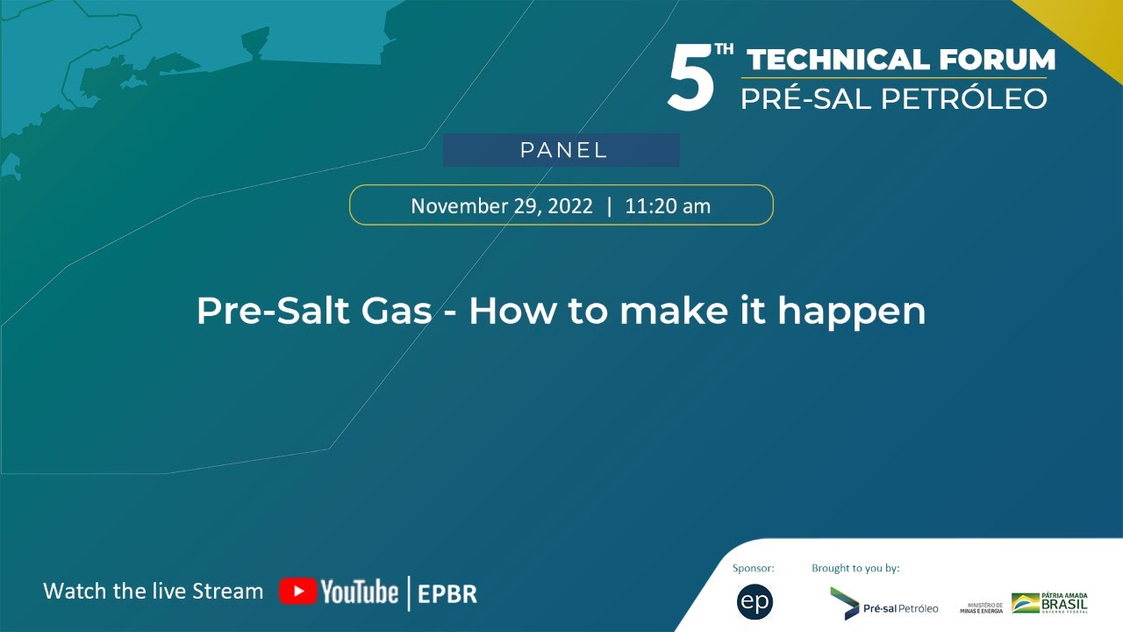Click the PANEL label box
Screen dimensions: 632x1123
tap(561, 150)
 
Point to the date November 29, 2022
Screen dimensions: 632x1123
tap(502, 206)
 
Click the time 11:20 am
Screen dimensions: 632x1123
tap(668, 206)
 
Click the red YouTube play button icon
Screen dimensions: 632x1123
tap(297, 592)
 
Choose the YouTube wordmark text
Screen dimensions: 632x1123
tap(359, 592)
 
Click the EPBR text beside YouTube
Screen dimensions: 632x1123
tap(447, 592)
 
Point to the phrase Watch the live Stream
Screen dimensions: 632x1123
tap(153, 591)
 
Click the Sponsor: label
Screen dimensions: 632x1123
tap(754, 569)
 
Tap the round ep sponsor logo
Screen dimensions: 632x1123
tap(755, 602)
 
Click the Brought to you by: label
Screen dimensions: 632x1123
tap(855, 569)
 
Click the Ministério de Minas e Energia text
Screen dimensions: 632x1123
tap(981, 607)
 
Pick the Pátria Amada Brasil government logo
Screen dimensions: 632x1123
tap(1049, 603)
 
